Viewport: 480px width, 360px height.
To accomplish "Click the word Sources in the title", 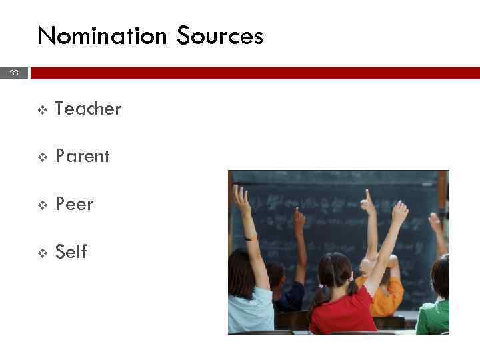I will pyautogui.click(x=220, y=35).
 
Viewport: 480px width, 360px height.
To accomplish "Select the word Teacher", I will pyautogui.click(x=88, y=109).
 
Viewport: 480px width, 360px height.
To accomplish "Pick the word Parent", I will pyautogui.click(x=82, y=157).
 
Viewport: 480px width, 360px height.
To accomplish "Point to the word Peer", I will pyautogui.click(x=74, y=204).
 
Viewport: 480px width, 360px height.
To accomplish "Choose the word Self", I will pyautogui.click(x=71, y=252).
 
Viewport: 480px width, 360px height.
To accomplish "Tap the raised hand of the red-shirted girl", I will pyautogui.click(x=399, y=212).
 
